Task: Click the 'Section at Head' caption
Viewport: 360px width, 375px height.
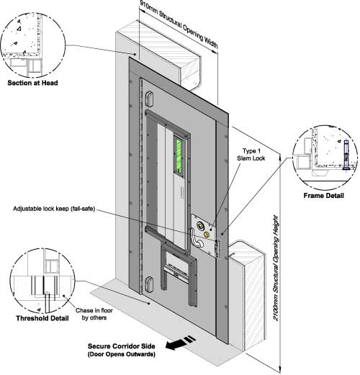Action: click(32, 83)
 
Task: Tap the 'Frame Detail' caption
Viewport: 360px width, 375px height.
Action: click(323, 196)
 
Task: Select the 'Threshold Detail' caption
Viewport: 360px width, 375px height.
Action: click(42, 318)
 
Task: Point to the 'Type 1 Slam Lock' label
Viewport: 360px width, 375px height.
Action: click(251, 155)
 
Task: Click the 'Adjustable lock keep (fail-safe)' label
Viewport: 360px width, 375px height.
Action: click(54, 209)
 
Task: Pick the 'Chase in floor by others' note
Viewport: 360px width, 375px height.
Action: click(94, 314)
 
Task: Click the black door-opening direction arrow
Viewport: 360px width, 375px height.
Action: click(181, 343)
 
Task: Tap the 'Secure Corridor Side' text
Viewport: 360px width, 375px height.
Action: click(122, 346)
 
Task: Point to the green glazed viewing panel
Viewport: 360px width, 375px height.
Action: click(179, 155)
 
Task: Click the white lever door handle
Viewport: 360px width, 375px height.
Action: click(196, 238)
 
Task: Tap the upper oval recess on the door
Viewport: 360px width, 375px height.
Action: click(150, 99)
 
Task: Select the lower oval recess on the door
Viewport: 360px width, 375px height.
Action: click(150, 284)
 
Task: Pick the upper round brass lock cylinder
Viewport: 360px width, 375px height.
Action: click(200, 225)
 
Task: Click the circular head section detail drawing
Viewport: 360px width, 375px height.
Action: click(33, 45)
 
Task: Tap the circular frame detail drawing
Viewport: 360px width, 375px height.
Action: click(325, 157)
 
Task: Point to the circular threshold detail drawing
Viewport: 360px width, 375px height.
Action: click(42, 281)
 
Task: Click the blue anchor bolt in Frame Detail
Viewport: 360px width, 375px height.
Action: click(346, 155)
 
